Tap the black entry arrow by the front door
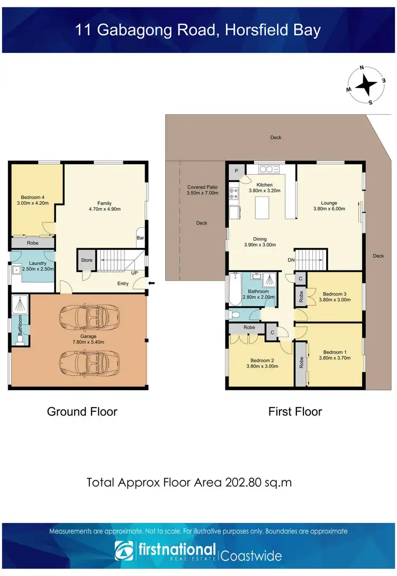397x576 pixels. pyautogui.click(x=152, y=283)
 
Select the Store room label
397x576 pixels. pyautogui.click(x=87, y=260)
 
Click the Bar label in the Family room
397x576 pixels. pyautogui.click(x=141, y=238)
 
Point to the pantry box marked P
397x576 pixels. pyautogui.click(x=236, y=170)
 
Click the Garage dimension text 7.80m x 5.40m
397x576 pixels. pyautogui.click(x=88, y=342)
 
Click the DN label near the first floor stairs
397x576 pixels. pyautogui.click(x=291, y=260)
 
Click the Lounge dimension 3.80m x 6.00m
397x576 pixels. pyautogui.click(x=329, y=209)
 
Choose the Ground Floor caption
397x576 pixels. pyautogui.click(x=82, y=411)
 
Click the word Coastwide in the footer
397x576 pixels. pyautogui.click(x=251, y=556)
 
